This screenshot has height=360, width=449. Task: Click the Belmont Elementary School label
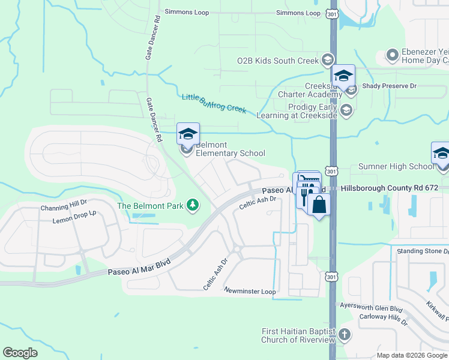point(231,149)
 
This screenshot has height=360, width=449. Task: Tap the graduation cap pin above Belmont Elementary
point(188,134)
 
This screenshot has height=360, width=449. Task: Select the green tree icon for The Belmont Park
point(193,206)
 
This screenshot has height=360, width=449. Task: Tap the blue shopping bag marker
point(319,205)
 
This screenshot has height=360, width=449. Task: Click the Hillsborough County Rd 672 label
point(394,188)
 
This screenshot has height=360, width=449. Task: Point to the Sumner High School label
point(396,166)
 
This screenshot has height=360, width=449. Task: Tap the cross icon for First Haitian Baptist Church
point(344,334)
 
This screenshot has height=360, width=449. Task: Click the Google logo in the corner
point(20,353)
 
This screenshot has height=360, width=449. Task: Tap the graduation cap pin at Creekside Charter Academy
point(343,76)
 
